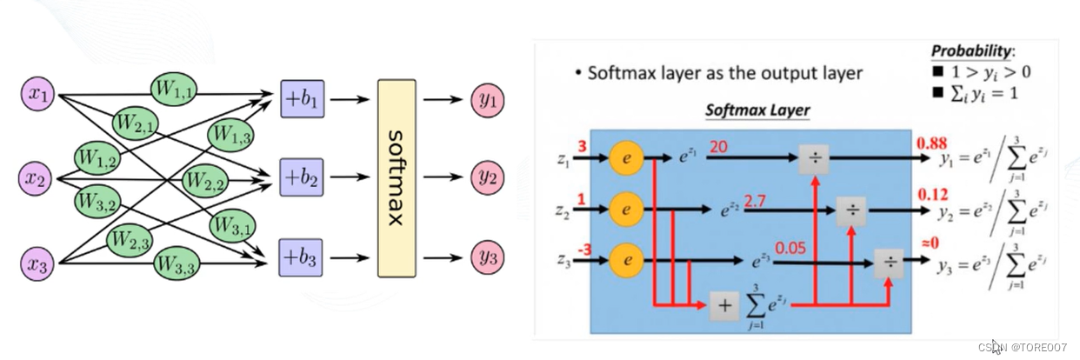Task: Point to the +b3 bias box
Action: pyautogui.click(x=301, y=259)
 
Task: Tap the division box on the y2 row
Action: pyautogui.click(x=853, y=209)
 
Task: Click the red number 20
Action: pyautogui.click(x=719, y=148)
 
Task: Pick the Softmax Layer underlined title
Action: pyautogui.click(x=757, y=110)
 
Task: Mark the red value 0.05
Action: pyautogui.click(x=791, y=250)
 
